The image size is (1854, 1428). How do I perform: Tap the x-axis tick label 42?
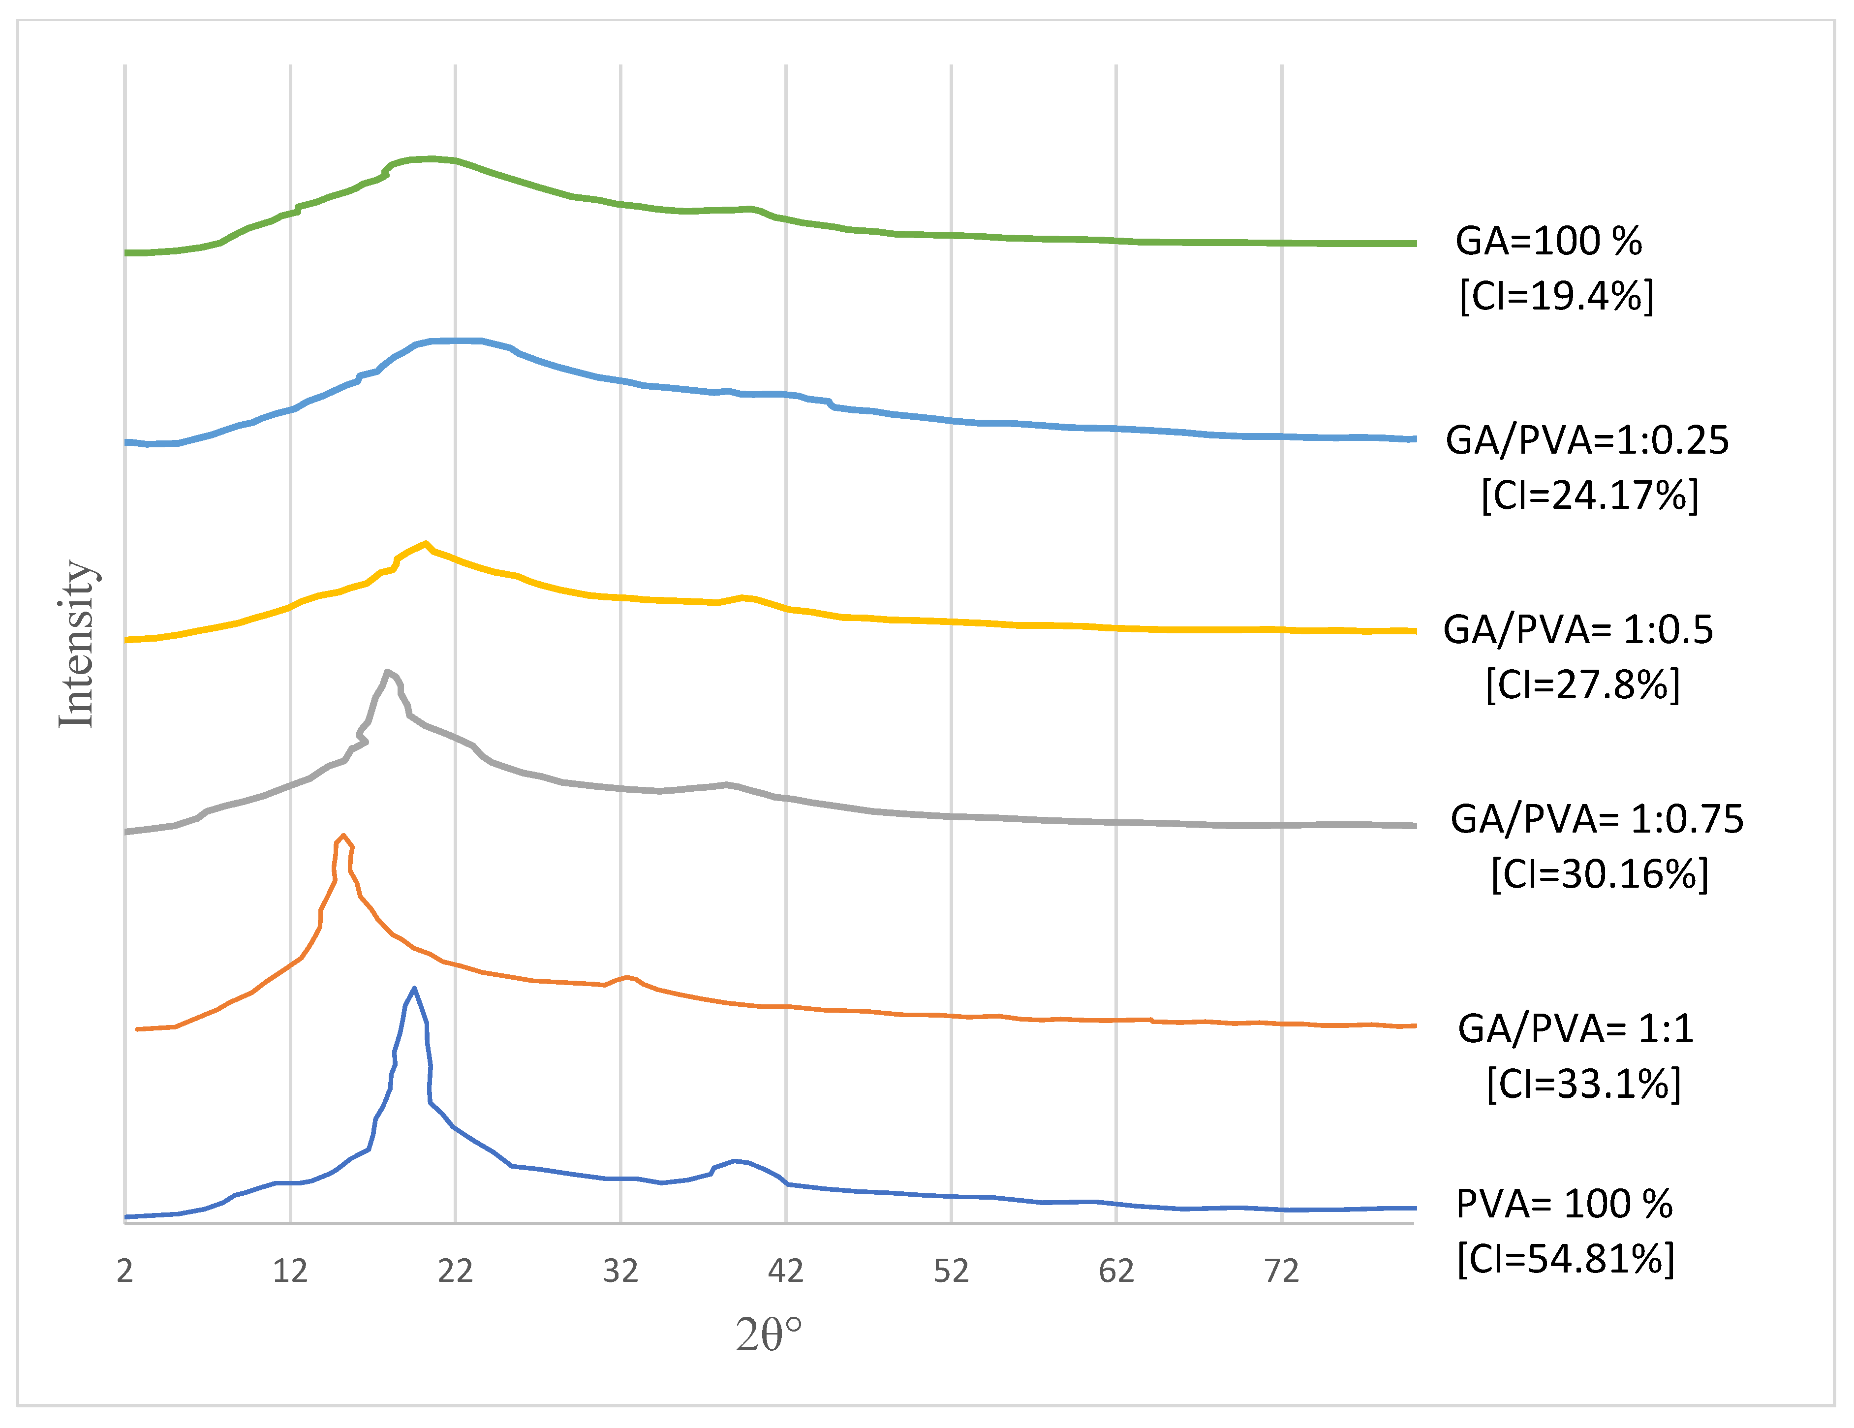(x=785, y=1271)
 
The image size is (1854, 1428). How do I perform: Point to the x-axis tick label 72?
(x=1281, y=1271)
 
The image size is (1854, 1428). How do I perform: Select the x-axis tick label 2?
(x=125, y=1271)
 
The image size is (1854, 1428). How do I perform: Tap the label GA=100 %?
(x=1548, y=241)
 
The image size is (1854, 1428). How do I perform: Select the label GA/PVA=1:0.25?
(x=1587, y=440)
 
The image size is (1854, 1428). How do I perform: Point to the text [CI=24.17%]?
(x=1590, y=495)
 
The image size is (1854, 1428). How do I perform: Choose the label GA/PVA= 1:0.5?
(x=1578, y=629)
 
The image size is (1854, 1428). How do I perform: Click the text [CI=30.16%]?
(x=1599, y=873)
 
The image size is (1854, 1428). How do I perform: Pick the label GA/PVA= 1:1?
(x=1576, y=1028)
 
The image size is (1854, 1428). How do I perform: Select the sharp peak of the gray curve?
(x=387, y=672)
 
